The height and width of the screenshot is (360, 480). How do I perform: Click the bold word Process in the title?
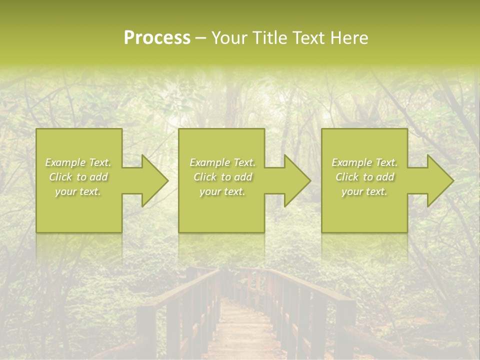157,38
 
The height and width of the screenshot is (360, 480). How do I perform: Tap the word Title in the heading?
269,38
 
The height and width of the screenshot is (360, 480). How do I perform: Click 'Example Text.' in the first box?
78,162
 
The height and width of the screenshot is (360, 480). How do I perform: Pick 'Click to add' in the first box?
78,177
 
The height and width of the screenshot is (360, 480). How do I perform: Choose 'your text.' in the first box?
78,191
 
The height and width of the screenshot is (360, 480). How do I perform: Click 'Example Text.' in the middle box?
222,162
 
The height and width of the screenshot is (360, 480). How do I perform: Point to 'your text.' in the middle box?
222,191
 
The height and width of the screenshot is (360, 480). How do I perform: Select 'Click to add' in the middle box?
222,177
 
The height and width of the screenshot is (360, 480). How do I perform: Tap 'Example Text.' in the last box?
364,162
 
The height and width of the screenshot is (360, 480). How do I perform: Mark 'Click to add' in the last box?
365,177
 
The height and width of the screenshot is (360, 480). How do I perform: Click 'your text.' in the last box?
364,191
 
